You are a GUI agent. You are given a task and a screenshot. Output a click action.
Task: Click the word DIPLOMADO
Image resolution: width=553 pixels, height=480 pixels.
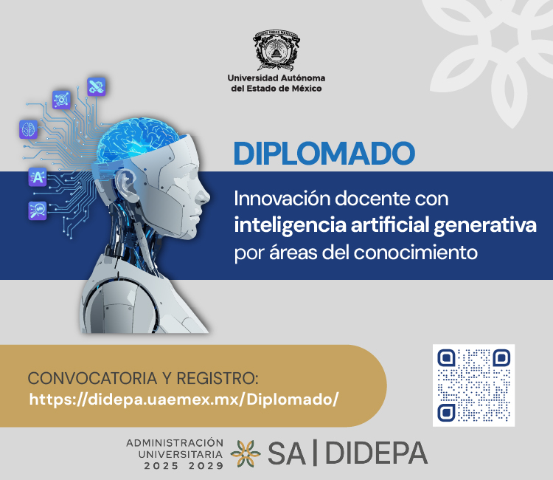(324, 153)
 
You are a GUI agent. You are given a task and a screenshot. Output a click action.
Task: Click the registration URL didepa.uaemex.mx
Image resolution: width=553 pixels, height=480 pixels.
(184, 400)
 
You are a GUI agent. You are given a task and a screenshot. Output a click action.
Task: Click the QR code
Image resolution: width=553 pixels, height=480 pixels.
(473, 385)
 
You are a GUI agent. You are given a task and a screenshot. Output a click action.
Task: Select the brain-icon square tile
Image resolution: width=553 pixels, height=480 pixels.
(28, 130)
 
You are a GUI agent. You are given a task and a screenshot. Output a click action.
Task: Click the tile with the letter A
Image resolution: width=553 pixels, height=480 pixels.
(38, 177)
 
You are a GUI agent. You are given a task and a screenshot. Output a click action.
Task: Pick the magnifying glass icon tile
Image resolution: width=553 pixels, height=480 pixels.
(37, 209)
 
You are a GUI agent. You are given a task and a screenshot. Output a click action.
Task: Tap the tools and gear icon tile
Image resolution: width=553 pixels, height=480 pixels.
(97, 87)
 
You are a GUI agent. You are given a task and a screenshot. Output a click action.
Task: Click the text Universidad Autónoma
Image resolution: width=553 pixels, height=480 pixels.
(276, 78)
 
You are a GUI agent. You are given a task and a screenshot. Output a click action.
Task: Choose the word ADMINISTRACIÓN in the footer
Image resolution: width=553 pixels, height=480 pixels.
(174, 442)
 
